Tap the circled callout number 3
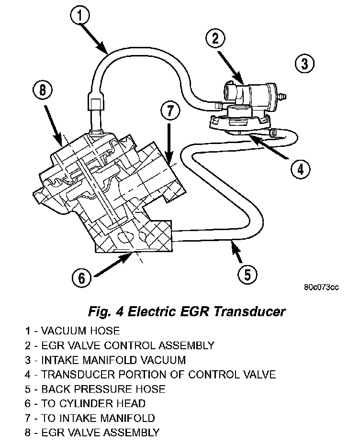click(x=304, y=64)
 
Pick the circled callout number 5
click(x=247, y=275)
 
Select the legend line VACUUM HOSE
click(x=73, y=330)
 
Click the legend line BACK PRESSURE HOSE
click(x=96, y=389)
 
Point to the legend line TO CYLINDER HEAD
click(x=86, y=404)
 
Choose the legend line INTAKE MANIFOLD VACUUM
click(x=106, y=360)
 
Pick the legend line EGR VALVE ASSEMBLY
click(x=93, y=433)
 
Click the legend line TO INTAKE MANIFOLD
click(x=91, y=418)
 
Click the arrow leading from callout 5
click(x=236, y=252)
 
